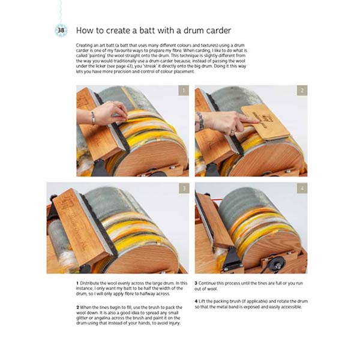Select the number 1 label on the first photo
tap(183, 91)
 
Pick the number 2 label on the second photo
tap(301, 91)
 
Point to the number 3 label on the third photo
tap(183, 188)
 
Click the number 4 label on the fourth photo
tap(301, 188)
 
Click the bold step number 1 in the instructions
tap(77, 283)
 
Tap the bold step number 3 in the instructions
tap(196, 283)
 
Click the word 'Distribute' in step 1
tap(91, 283)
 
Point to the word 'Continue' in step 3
tap(211, 283)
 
